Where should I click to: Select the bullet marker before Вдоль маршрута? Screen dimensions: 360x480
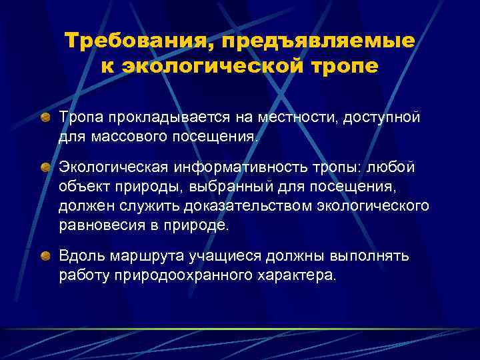[x=45, y=255]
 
